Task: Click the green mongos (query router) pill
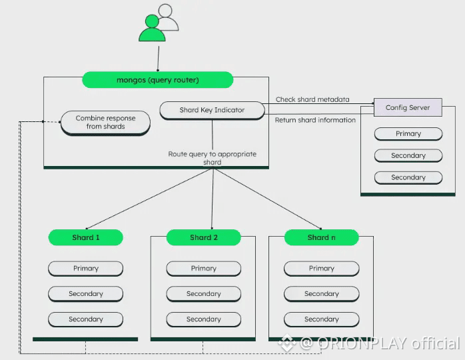pyautogui.click(x=157, y=80)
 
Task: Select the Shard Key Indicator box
pyautogui.click(x=212, y=111)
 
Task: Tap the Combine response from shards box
pyautogui.click(x=105, y=123)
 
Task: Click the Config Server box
pyautogui.click(x=408, y=107)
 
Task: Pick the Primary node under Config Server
pyautogui.click(x=408, y=134)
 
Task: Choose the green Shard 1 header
pyautogui.click(x=86, y=237)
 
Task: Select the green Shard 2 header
pyautogui.click(x=204, y=237)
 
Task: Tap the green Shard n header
pyautogui.click(x=322, y=237)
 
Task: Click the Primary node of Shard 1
pyautogui.click(x=86, y=269)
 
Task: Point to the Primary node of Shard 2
pyautogui.click(x=204, y=269)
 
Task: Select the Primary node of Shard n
pyautogui.click(x=322, y=269)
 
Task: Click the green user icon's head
pyautogui.click(x=152, y=21)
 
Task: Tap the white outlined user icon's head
pyautogui.click(x=165, y=11)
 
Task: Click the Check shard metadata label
pyautogui.click(x=312, y=99)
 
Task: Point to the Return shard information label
pyautogui.click(x=315, y=120)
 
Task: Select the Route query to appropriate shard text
pyautogui.click(x=212, y=158)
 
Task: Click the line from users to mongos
pyautogui.click(x=159, y=59)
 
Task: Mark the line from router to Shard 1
pyautogui.click(x=149, y=199)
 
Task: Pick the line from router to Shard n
pyautogui.click(x=267, y=199)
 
